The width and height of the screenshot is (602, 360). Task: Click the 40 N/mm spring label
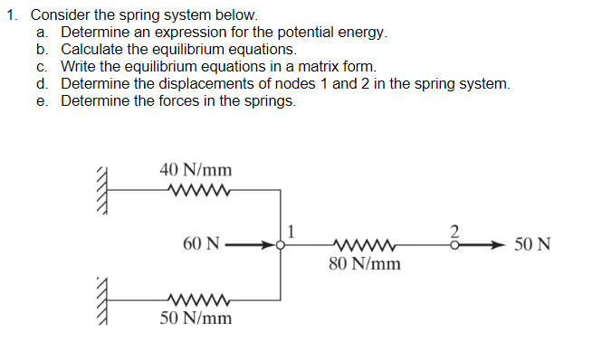196,169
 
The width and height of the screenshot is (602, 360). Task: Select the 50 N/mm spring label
196,318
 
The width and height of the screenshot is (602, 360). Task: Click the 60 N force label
200,244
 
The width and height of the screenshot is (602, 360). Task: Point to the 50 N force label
533,244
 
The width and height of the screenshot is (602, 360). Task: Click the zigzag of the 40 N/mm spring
196,190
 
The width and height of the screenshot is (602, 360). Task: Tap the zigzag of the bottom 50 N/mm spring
196,298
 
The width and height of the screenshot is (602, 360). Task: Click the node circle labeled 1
281,244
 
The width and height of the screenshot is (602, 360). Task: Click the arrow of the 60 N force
249,244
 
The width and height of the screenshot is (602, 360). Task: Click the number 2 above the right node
456,230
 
